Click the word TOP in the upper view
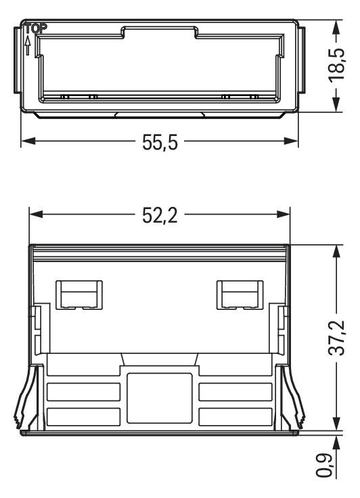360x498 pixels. pos(32,29)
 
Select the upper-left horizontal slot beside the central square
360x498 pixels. pos(83,392)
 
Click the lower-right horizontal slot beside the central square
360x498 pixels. pos(235,415)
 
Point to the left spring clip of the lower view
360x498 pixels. pos(24,399)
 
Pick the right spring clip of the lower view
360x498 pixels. pos(295,399)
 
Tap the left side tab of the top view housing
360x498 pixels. pos(18,61)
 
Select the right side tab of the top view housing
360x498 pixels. pos(302,61)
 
